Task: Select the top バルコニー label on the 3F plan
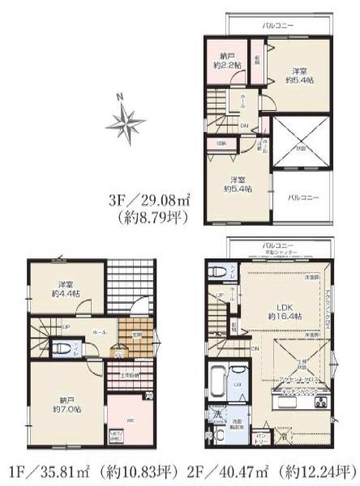tap(277, 27)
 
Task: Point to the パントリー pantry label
tap(262, 437)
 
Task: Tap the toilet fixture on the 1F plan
tap(63, 350)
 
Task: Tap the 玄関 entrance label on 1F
tap(137, 334)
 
